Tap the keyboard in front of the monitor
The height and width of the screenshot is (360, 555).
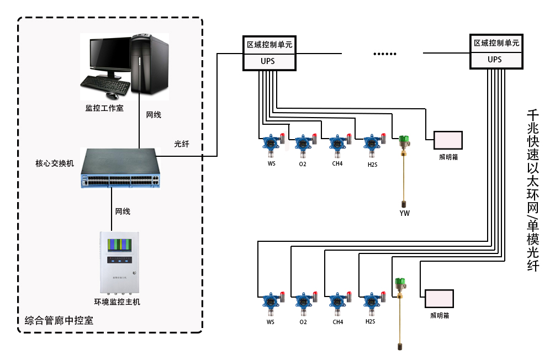click(x=103, y=84)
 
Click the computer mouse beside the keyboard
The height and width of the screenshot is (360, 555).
click(x=120, y=95)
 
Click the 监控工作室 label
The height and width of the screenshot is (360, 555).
click(x=104, y=108)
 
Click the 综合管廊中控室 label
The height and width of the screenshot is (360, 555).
click(x=59, y=321)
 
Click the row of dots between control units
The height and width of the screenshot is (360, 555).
click(x=385, y=54)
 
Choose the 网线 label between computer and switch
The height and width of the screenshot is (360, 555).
click(x=154, y=115)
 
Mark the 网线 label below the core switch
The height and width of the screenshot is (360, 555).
click(x=123, y=211)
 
